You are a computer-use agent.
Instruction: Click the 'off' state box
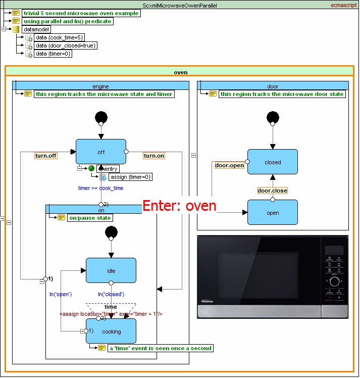101,152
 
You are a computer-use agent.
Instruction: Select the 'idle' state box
111,271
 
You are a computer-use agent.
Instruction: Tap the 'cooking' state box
111,332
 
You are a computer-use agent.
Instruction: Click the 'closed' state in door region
273,162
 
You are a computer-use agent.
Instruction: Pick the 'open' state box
273,213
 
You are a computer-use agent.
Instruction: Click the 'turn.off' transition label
46,156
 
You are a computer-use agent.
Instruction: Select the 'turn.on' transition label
154,156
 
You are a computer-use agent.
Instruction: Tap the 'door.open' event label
229,165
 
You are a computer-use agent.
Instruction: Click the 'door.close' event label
272,191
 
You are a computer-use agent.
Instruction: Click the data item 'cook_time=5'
60,37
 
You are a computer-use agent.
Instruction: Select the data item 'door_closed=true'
66,45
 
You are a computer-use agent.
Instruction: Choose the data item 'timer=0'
53,54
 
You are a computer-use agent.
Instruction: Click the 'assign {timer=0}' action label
130,177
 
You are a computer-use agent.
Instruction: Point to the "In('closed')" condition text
111,294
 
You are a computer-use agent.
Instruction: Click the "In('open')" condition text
60,294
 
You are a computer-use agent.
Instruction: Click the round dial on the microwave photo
335,281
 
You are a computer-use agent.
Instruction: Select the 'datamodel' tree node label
36,29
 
